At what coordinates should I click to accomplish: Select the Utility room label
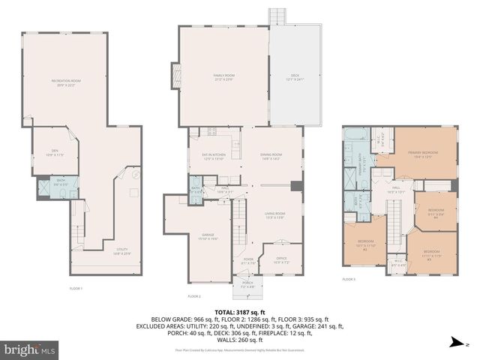click(121, 251)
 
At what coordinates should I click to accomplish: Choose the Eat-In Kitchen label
click(214, 157)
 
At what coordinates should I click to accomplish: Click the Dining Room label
click(271, 157)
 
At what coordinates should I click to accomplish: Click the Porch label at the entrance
click(247, 284)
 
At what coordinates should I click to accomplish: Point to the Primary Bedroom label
click(423, 154)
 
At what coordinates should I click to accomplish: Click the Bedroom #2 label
click(365, 246)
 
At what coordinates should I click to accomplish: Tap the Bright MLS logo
click(30, 349)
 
